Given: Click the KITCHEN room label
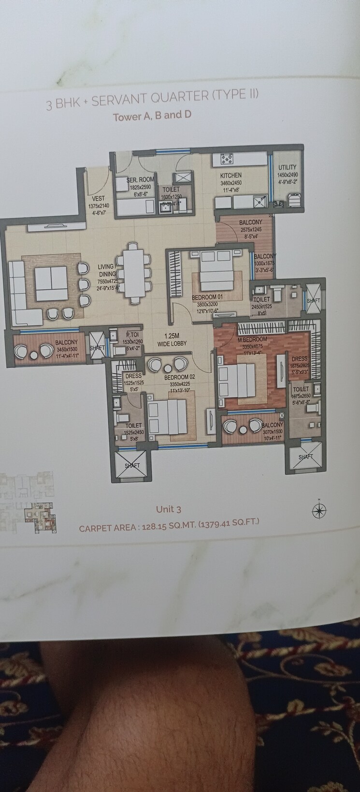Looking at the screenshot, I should click(x=230, y=175).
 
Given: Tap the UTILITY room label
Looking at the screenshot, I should click(x=288, y=167).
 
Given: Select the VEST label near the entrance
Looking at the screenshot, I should click(x=98, y=198).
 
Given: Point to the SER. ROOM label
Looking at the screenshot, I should click(x=141, y=179).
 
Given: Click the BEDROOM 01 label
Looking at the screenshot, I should click(x=207, y=297).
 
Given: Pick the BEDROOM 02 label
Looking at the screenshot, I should click(x=179, y=377).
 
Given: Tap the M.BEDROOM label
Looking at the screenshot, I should click(x=252, y=339).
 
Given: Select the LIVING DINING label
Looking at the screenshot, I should click(x=106, y=270).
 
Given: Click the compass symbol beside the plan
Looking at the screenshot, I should click(x=319, y=510).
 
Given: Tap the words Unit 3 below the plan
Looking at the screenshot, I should click(x=168, y=509).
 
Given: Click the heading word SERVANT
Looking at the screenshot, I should click(x=120, y=100).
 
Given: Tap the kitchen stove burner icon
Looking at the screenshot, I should click(x=227, y=158).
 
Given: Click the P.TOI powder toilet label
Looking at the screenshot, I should click(x=132, y=335).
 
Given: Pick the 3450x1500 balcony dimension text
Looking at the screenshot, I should click(x=66, y=349).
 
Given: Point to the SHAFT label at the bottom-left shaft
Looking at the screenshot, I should click(x=132, y=466).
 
